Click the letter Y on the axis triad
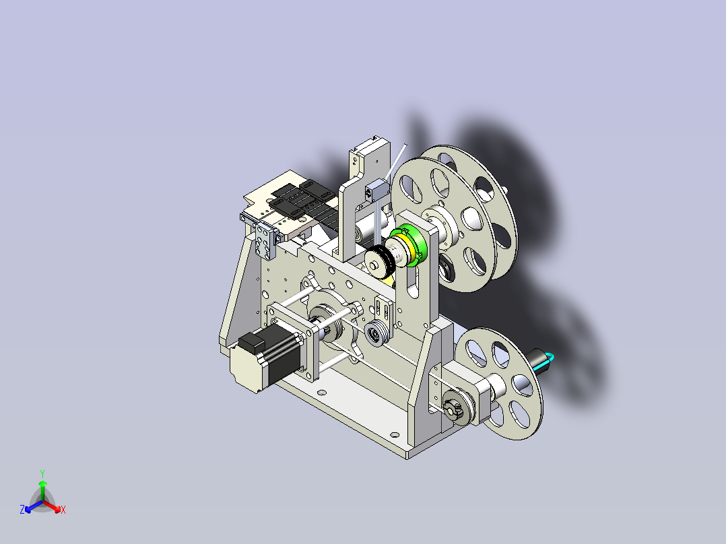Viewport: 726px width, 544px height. (42, 473)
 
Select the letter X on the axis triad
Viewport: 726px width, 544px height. (63, 510)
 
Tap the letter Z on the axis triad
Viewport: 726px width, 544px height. (22, 509)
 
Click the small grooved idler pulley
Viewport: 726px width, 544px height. (376, 333)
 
